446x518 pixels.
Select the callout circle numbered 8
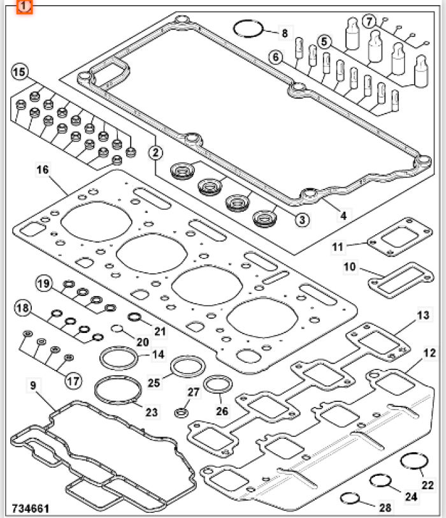(284, 33)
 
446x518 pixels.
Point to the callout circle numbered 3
(302, 219)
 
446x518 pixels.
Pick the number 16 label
(43, 170)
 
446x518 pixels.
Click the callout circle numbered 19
(43, 283)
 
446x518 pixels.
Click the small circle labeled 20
(117, 330)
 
